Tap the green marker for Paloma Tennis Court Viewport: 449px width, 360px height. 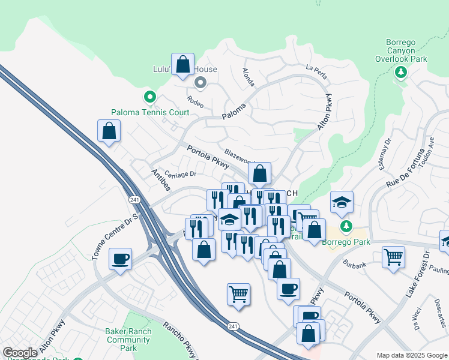coord(149,97)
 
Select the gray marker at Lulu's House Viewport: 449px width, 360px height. coord(201,83)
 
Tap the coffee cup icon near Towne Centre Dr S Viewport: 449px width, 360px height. coord(120,259)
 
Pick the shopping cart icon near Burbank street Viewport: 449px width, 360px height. coord(393,257)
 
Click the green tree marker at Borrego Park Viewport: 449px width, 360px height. coord(345,227)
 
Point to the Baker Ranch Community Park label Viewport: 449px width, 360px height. coord(127,339)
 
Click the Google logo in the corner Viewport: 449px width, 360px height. coord(20,353)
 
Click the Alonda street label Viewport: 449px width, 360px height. coord(248,76)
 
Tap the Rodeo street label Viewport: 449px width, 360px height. coord(195,102)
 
